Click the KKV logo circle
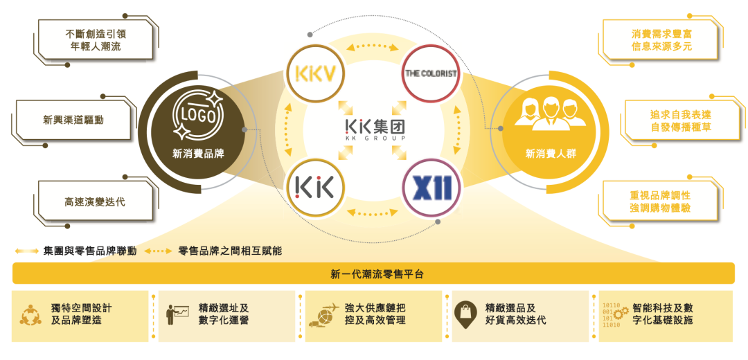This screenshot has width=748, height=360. [x=314, y=73]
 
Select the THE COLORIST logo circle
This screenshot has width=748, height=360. [x=431, y=73]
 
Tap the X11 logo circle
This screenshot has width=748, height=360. [x=431, y=187]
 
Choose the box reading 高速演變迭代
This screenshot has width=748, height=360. [x=94, y=202]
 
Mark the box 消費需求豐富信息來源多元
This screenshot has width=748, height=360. [x=661, y=39]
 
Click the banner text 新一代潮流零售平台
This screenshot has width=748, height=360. [x=373, y=274]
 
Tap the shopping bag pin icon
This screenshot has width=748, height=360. [x=465, y=313]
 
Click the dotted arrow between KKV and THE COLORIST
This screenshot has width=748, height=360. [x=373, y=47]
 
